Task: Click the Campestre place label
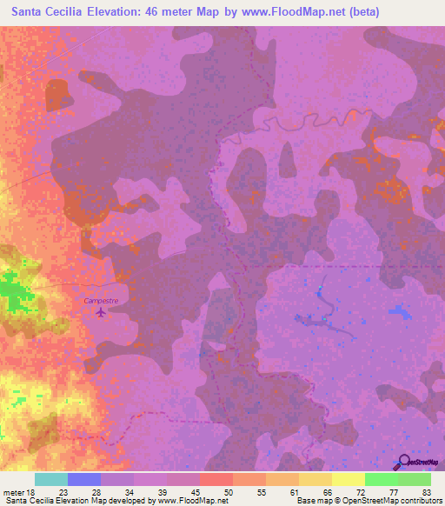tap(101, 301)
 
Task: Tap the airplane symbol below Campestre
tap(101, 311)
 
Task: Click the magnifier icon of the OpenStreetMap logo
tap(404, 463)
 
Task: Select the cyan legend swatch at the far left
tap(51, 479)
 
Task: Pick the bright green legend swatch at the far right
tap(415, 479)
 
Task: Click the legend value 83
tap(427, 491)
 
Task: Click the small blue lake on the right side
tap(400, 310)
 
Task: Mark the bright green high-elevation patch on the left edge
tap(12, 290)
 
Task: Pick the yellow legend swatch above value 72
tap(349, 479)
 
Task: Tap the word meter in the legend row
tap(12, 491)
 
